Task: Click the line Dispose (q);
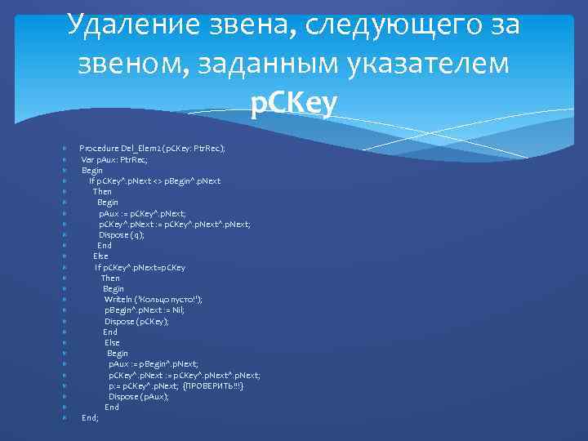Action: [x=122, y=234]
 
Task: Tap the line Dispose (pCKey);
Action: [x=136, y=321]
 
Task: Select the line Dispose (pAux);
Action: [x=139, y=396]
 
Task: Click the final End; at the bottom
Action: [x=90, y=417]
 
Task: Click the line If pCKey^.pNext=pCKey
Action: [x=140, y=267]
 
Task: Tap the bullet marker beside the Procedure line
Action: [x=64, y=149]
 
